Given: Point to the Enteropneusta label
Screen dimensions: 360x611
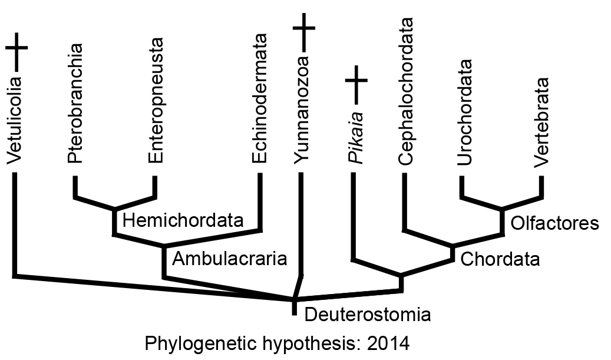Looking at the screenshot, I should tap(156, 100).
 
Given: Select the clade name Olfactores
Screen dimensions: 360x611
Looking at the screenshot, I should tap(554, 223).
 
